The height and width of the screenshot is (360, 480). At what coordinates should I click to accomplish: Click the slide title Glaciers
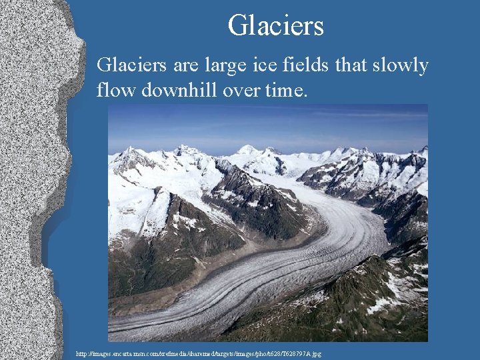tap(275, 26)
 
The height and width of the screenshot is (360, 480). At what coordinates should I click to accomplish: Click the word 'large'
tap(229, 66)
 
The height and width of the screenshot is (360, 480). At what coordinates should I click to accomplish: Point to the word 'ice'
tap(270, 65)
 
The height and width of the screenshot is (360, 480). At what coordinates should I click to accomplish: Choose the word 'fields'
tap(311, 65)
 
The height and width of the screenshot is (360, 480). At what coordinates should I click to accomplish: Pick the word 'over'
tap(243, 89)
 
